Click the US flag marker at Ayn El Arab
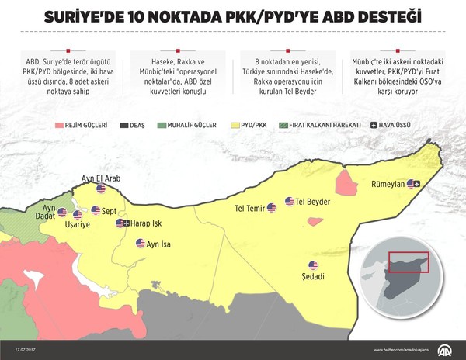tap(100, 189)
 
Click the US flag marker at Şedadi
tap(313, 265)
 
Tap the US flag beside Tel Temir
tap(271, 208)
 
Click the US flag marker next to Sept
tap(95, 210)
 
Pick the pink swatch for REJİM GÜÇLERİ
tap(60, 124)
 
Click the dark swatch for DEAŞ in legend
tap(125, 124)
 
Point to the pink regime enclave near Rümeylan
tap(344, 185)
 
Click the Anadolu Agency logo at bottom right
tap(450, 348)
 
